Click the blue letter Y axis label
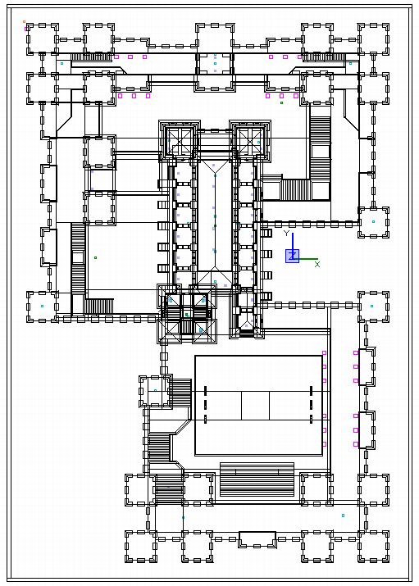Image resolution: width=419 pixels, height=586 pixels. [286, 234]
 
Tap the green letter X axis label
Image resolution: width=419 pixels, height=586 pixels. [317, 264]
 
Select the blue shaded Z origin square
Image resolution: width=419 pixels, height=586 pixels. [292, 256]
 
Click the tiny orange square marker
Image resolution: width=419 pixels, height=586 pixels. [25, 21]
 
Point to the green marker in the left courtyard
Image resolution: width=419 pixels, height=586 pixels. [95, 257]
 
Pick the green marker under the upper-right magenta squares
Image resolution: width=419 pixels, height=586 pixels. [281, 102]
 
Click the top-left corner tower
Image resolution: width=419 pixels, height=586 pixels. [43, 39]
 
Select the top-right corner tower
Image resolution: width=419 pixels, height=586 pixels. [373, 39]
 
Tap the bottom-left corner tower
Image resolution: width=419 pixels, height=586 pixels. [141, 547]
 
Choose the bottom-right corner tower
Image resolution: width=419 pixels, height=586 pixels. [373, 547]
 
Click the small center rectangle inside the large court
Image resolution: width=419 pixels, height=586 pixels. [255, 406]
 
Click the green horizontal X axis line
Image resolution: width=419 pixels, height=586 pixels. [305, 259]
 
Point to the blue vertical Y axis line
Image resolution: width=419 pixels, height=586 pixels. [293, 244]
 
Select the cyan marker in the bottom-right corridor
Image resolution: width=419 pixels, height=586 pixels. [343, 516]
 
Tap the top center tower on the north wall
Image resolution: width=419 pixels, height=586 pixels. [215, 39]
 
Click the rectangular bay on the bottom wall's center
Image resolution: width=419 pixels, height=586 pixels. [257, 539]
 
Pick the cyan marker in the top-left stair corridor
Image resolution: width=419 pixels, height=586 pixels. [62, 64]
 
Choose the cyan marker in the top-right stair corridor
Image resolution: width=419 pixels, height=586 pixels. [350, 64]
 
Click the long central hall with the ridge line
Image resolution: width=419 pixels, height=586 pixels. [215, 216]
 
